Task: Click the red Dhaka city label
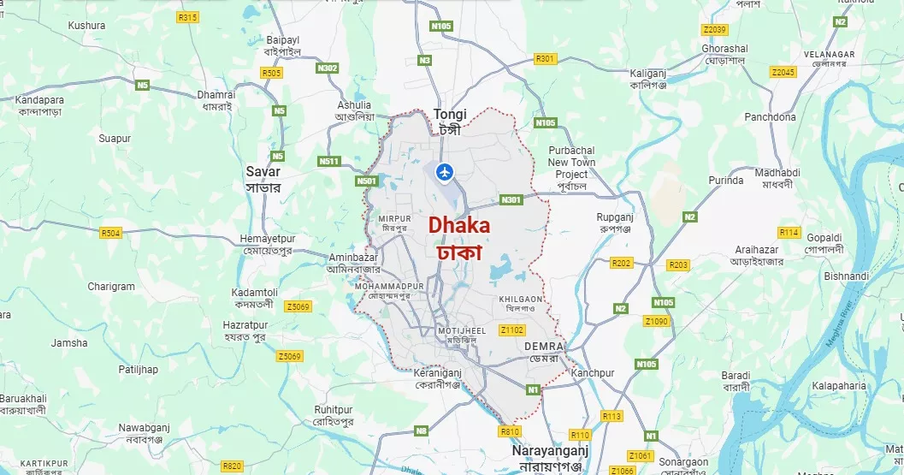coord(459,226)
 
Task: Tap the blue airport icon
coord(444,172)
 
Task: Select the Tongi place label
coord(449,114)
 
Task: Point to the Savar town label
coord(263,172)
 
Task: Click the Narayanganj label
coord(550,450)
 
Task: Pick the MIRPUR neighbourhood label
coord(394,219)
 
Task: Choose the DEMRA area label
coord(544,346)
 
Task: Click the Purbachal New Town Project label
coord(571,163)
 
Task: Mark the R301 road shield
coord(545,58)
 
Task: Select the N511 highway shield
coord(328,161)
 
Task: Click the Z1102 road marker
coord(512,330)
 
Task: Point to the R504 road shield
coord(111,232)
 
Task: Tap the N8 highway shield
coord(421,430)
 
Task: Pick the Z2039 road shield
coord(713,30)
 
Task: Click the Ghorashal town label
coord(724,50)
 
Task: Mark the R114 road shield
coord(789,232)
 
